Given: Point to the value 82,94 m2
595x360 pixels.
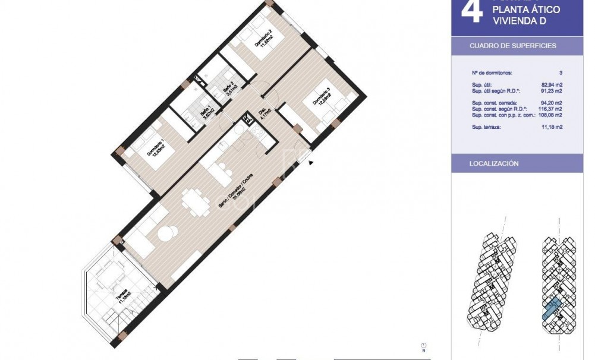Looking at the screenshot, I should [x=550, y=85].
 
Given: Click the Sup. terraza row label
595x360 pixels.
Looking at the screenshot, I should [x=487, y=127].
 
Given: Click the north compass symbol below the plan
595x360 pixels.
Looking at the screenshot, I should [x=423, y=345].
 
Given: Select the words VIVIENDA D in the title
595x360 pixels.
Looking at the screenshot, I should [x=518, y=21].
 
